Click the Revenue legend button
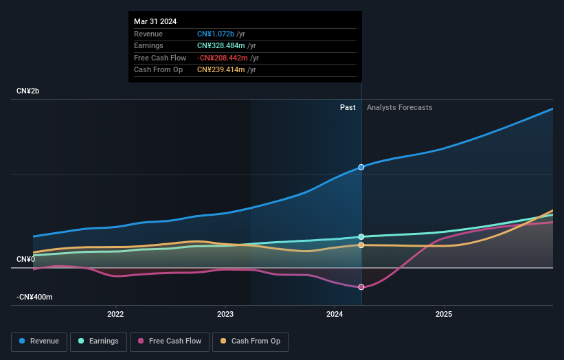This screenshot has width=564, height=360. click(39, 341)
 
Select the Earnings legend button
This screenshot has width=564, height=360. click(98, 341)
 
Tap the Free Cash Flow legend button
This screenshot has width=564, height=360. click(170, 341)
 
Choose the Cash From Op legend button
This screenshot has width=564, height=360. click(250, 341)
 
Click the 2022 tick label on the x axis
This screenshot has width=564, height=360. click(115, 315)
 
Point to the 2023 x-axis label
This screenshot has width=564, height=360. click(225, 315)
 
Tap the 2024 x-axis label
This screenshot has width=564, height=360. click(335, 315)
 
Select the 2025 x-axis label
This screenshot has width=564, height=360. click(444, 315)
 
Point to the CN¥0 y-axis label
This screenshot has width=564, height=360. click(25, 259)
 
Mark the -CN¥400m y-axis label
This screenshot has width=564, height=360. click(34, 297)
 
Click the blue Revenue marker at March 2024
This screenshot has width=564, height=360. click(361, 167)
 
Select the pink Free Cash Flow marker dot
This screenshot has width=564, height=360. click(361, 287)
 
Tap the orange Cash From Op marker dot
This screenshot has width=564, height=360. click(361, 245)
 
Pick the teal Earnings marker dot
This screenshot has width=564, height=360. click(361, 237)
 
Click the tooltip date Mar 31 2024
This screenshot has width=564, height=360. click(155, 21)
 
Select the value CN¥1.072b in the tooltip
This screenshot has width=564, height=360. click(216, 34)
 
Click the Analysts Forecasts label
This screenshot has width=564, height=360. click(400, 107)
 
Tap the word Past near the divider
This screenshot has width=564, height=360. click(348, 107)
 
